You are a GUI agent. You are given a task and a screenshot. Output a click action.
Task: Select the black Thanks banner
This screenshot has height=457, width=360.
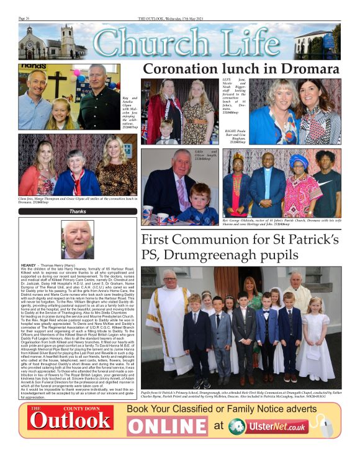(78, 211)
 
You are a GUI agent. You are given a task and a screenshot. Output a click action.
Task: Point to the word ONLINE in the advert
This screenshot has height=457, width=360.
(168, 425)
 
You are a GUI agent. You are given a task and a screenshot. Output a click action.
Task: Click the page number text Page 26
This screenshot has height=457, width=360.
(25, 19)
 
